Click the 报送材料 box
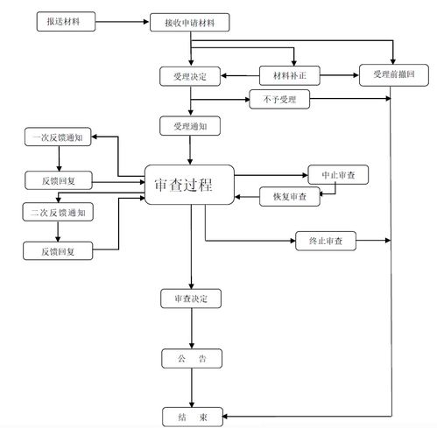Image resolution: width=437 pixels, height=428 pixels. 66,21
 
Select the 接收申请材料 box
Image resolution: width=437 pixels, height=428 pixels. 190,23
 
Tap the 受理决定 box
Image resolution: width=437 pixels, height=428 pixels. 190,76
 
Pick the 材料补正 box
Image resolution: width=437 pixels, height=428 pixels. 290,75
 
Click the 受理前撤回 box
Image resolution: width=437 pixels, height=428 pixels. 394,75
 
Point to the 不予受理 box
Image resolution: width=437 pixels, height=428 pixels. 279,99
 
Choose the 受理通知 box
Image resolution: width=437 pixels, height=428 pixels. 190,126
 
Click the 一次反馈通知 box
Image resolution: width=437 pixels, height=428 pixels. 58,137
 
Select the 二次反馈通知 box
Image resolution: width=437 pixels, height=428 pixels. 58,212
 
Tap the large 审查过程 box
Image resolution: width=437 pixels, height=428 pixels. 189,185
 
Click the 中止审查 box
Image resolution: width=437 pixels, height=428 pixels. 338,175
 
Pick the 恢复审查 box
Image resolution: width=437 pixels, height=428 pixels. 290,197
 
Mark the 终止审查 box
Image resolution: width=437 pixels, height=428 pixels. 326,241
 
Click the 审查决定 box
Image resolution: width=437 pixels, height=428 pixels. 191,298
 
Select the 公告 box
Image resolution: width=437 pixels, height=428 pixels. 192,359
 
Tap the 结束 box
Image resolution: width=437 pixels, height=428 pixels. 193,417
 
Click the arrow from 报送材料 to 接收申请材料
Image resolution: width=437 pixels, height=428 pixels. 123,22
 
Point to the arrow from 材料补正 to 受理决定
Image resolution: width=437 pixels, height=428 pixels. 240,76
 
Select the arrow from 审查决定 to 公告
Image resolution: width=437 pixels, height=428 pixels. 192,328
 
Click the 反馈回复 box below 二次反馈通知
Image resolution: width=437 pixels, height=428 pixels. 58,251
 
